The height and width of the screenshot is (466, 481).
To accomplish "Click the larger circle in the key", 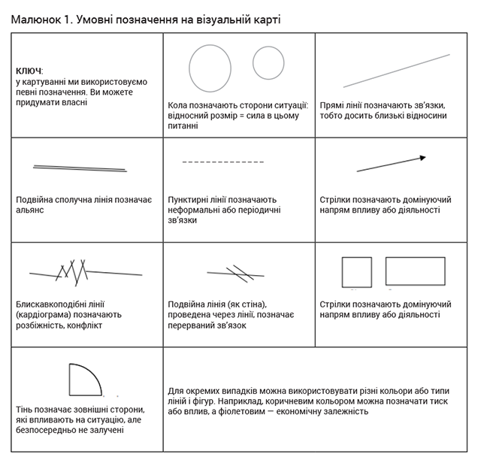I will pyautogui.click(x=210, y=68).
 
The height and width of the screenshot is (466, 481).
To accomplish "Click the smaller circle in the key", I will pyautogui.click(x=268, y=63).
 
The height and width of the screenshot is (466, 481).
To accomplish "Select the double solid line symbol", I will pyautogui.click(x=79, y=168).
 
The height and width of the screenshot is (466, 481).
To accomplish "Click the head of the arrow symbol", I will pyautogui.click(x=422, y=158).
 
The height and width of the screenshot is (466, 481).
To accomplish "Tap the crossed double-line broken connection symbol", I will pyautogui.click(x=237, y=273).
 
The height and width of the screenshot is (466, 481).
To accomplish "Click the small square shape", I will pyautogui.click(x=356, y=272).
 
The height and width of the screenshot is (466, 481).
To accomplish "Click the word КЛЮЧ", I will pyautogui.click(x=30, y=70).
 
